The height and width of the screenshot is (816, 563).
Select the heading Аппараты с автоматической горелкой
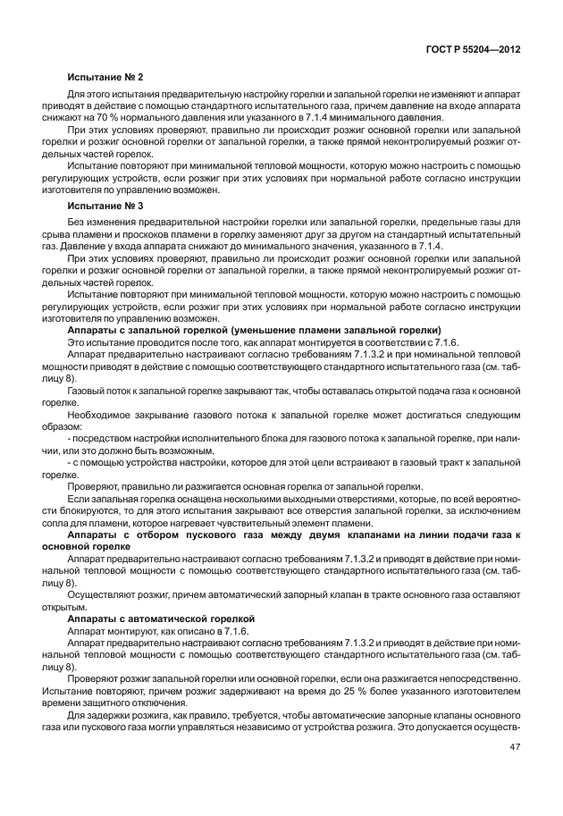coord(161,618)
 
